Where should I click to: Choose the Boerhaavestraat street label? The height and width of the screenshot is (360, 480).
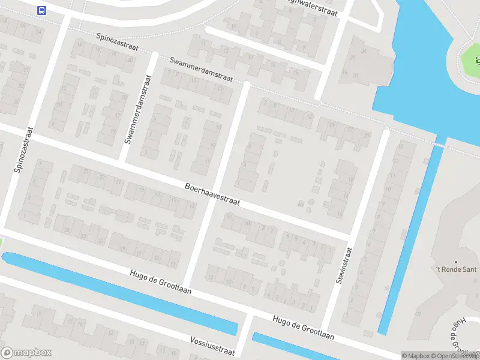click(212, 194)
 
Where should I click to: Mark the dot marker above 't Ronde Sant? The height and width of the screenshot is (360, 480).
click(457, 262)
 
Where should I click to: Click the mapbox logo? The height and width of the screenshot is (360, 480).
click(26, 353)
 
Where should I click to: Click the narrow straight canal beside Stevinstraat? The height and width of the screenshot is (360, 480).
click(411, 240)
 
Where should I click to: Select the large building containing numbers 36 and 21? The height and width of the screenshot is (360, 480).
click(358, 63)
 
